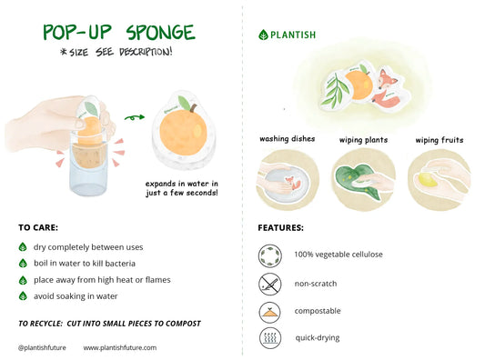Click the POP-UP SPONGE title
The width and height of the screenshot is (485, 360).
click(x=119, y=32)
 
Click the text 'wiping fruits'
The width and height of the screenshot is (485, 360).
click(x=439, y=140)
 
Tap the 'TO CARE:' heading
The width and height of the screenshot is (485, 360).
click(x=39, y=227)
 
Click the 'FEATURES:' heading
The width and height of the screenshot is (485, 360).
click(x=280, y=227)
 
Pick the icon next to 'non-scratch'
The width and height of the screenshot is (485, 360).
click(x=269, y=283)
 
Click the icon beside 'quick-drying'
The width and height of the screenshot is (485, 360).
click(x=269, y=338)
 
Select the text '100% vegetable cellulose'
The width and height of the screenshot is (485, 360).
click(x=338, y=255)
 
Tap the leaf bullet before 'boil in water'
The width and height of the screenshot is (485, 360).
click(x=23, y=264)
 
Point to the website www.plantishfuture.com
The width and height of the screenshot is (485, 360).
click(x=119, y=347)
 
